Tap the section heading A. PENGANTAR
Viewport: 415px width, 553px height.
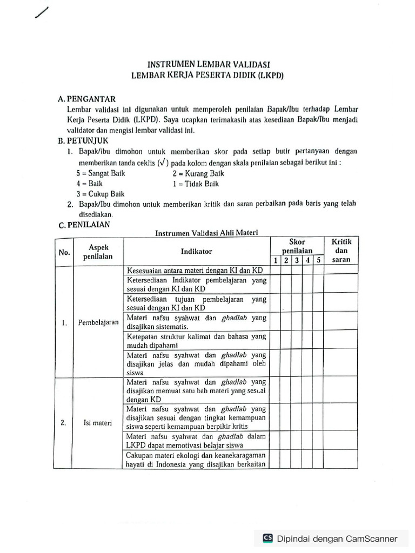[86, 99]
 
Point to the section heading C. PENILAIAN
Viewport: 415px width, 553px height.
[84, 226]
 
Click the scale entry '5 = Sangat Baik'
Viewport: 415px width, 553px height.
[101, 173]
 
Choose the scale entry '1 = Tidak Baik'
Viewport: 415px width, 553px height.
[196, 184]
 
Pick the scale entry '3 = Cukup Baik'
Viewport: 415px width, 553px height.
[101, 194]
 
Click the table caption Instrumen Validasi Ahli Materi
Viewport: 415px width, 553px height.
[207, 233]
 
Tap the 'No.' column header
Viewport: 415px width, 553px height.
[64, 252]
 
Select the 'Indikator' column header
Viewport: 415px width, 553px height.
[197, 251]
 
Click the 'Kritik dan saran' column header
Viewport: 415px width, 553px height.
[341, 251]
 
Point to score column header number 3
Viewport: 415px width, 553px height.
[297, 260]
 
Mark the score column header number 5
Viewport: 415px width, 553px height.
[319, 260]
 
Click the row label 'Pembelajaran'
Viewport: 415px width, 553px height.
[98, 322]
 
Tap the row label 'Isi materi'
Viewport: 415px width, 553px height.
[98, 423]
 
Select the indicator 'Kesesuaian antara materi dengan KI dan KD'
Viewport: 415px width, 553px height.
[195, 270]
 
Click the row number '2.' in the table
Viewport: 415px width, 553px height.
[64, 423]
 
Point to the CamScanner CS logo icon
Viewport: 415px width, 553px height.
[267, 538]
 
